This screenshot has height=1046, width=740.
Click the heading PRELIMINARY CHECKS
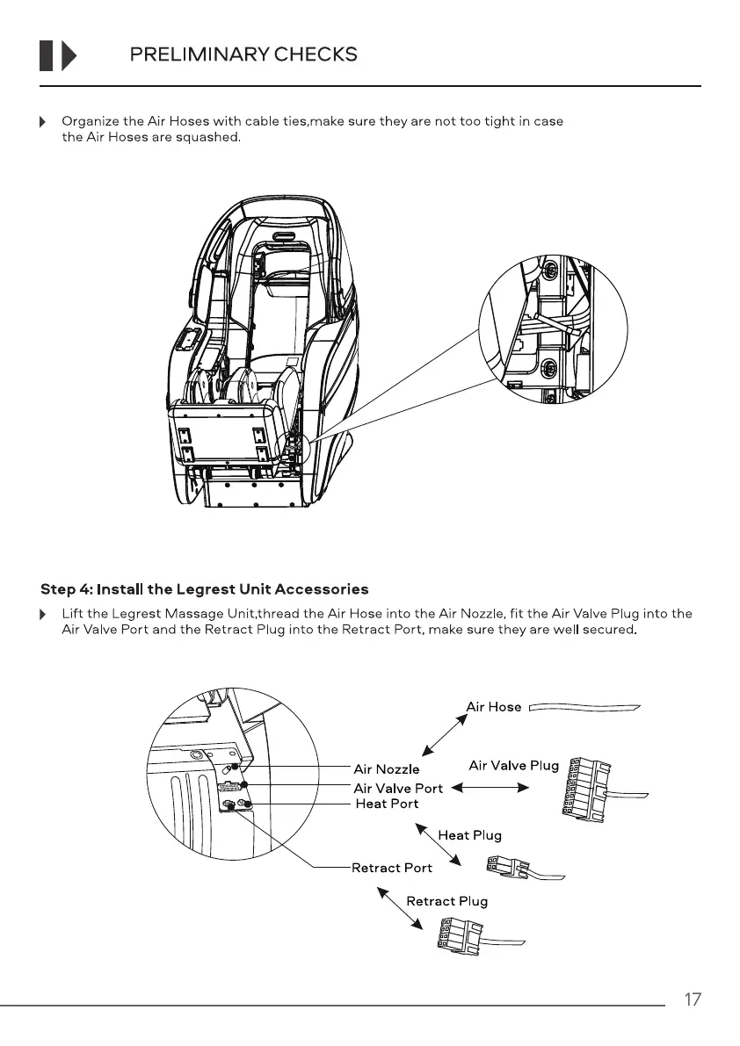[243, 54]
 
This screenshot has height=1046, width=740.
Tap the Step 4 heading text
[205, 588]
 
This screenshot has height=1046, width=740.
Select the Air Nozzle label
[387, 770]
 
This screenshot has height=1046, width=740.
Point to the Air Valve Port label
[398, 788]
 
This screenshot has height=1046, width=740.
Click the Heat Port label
[387, 804]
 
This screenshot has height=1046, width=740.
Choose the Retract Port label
[392, 868]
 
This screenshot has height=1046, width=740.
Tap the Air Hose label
[493, 706]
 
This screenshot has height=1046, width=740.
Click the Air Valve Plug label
[514, 765]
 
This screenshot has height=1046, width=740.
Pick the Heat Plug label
[469, 835]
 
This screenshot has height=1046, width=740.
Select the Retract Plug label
[446, 901]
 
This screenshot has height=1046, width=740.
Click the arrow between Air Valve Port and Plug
[490, 788]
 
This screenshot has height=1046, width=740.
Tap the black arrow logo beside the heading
[58, 55]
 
